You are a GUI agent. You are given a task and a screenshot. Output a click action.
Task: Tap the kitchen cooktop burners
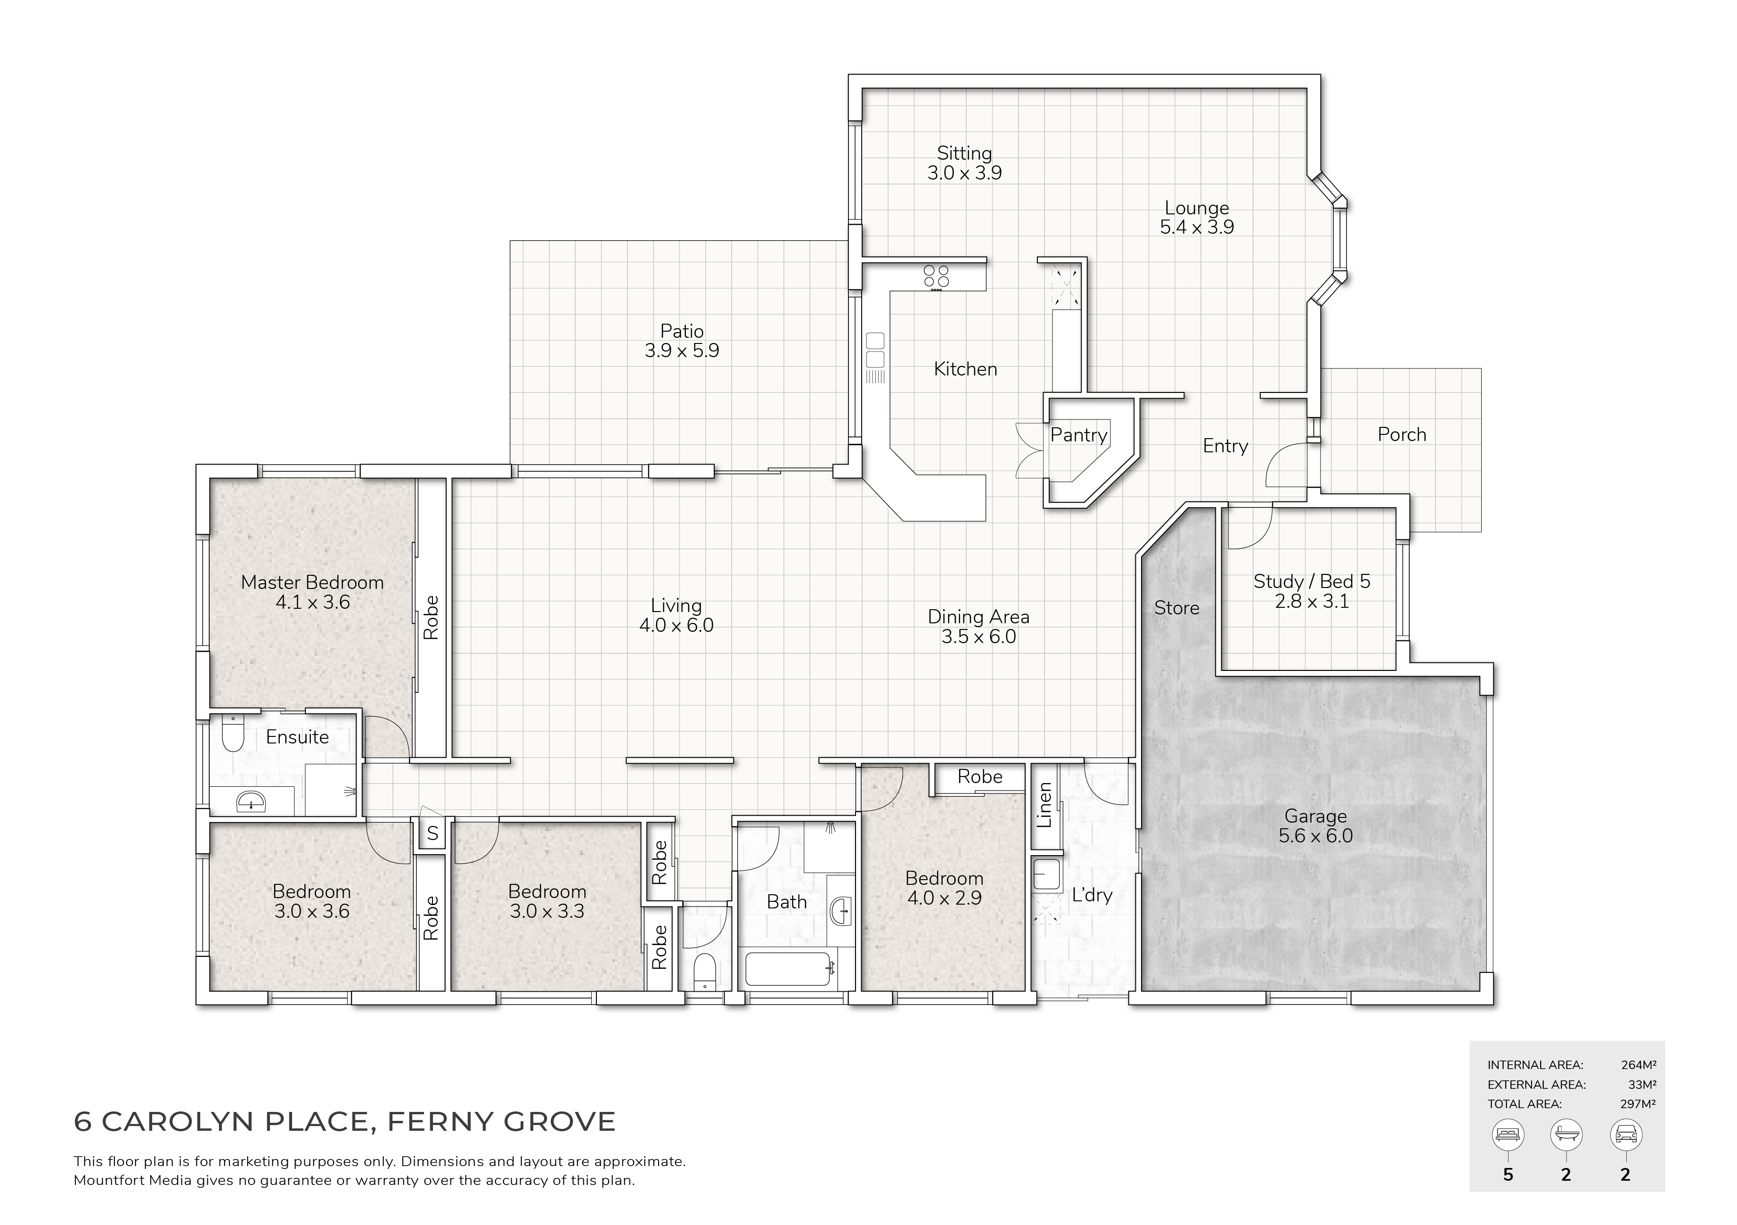[x=936, y=277]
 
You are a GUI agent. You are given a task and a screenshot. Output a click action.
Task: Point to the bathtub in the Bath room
[x=790, y=969]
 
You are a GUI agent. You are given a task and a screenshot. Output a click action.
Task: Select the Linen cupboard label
[x=1044, y=805]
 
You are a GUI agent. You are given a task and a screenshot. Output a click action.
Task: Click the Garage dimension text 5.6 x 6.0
[x=1316, y=836]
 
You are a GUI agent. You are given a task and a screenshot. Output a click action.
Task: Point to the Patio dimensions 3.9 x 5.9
[x=682, y=351]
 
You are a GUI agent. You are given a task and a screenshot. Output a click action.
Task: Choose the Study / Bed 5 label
[x=1312, y=581]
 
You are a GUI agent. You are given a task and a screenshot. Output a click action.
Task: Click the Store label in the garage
[x=1176, y=608]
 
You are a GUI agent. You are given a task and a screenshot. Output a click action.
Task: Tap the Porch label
[x=1402, y=434]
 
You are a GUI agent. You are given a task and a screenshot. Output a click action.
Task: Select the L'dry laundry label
[x=1092, y=895]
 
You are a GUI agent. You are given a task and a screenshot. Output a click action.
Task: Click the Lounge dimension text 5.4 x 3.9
[x=1197, y=227]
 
